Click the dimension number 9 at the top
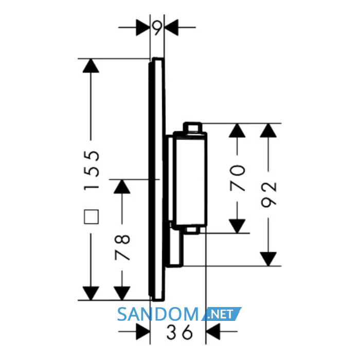(x=157, y=28)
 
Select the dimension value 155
(x=92, y=170)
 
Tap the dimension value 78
(x=122, y=247)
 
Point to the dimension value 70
(x=238, y=178)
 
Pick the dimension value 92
(x=268, y=195)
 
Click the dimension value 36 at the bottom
(x=179, y=332)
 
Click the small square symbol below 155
(x=92, y=217)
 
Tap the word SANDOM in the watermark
(x=158, y=314)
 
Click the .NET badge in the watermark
(x=222, y=314)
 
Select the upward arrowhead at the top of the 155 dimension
(x=91, y=66)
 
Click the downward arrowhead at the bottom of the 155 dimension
(x=91, y=293)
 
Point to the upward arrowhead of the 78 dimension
(x=122, y=186)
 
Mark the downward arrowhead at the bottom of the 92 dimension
(x=268, y=259)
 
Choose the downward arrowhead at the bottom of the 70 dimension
(x=237, y=226)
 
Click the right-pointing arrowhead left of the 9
(x=143, y=28)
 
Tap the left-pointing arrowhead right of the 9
(x=171, y=28)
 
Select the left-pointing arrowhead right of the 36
(x=213, y=332)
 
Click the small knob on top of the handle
(x=193, y=128)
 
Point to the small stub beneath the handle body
(x=192, y=230)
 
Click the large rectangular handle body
(x=190, y=179)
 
